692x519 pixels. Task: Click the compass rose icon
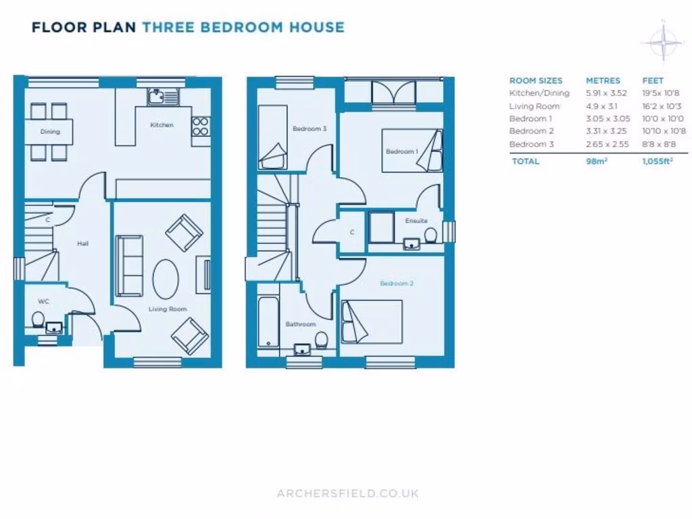pyautogui.click(x=663, y=42)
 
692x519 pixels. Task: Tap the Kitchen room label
pyautogui.click(x=162, y=125)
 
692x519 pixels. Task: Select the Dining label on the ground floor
pyautogui.click(x=50, y=132)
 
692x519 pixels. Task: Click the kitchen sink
pyautogui.click(x=162, y=98)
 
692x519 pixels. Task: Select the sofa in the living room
pyautogui.click(x=128, y=266)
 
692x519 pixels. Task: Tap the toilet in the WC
pyautogui.click(x=38, y=319)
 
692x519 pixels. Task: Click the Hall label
pyautogui.click(x=82, y=243)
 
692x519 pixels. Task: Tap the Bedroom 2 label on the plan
pyautogui.click(x=397, y=283)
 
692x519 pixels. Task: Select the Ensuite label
pyautogui.click(x=416, y=221)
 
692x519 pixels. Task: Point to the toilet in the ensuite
pyautogui.click(x=430, y=234)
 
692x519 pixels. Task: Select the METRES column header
pyautogui.click(x=603, y=80)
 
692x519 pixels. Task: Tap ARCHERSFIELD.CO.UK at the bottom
pyautogui.click(x=347, y=493)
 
